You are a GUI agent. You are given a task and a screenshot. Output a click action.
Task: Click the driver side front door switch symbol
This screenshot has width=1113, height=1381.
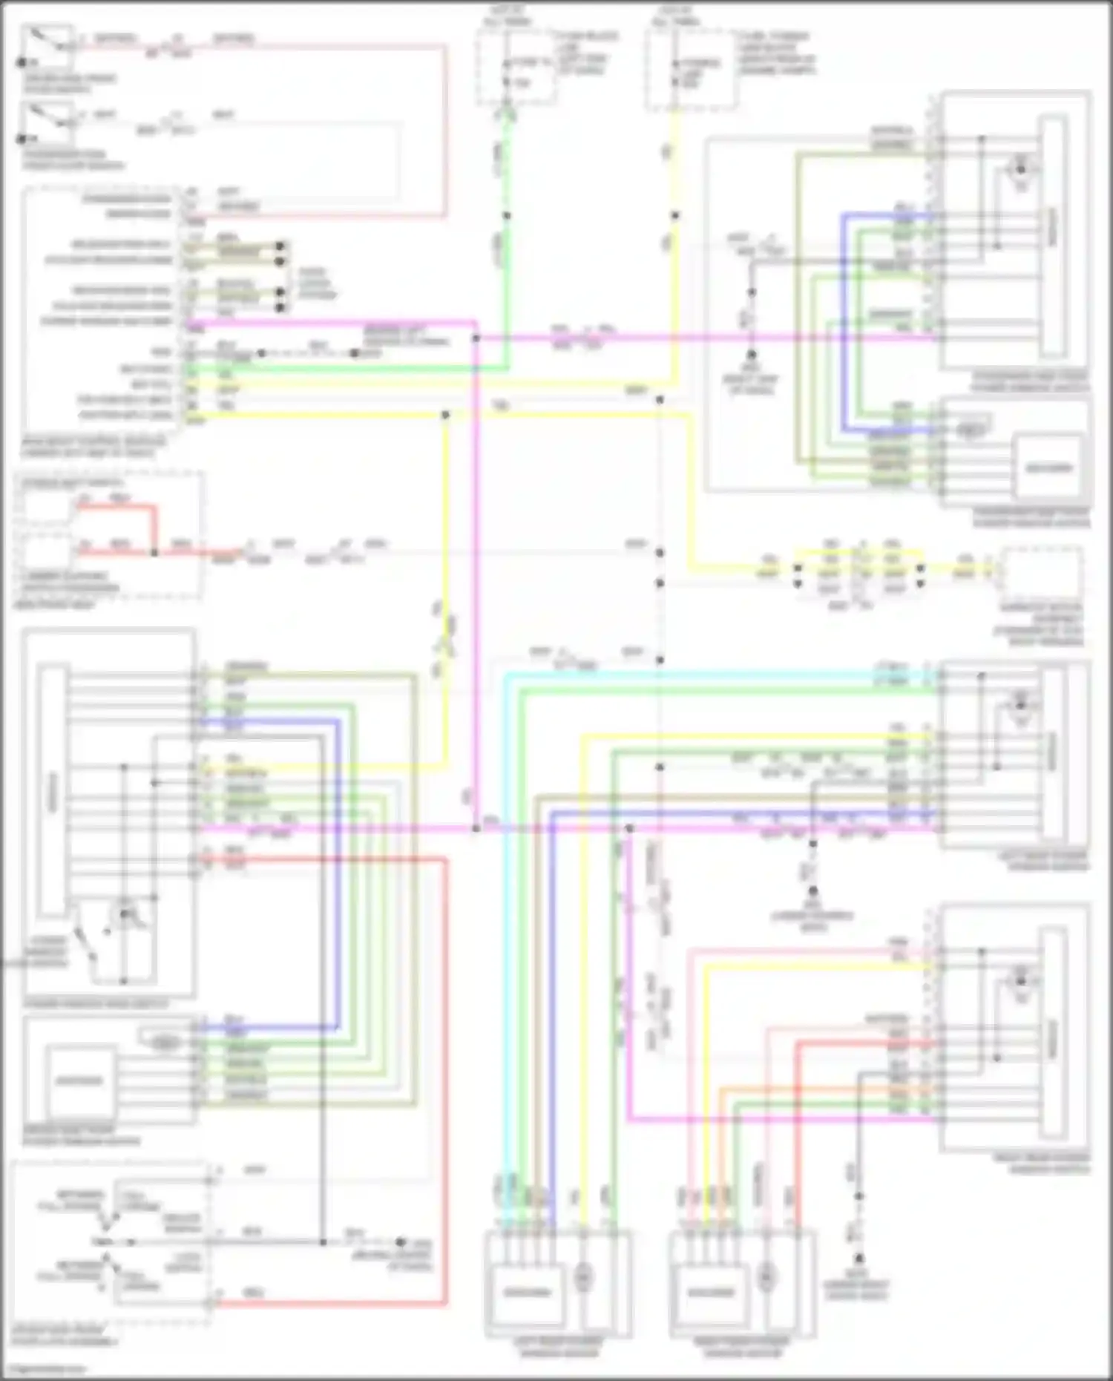point(46,46)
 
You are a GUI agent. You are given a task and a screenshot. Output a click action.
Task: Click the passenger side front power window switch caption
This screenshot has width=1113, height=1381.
point(1031,381)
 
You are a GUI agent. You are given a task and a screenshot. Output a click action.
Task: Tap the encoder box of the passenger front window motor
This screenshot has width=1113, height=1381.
point(1048,468)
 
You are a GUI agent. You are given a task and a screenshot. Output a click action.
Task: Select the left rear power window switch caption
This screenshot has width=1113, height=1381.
point(1043,861)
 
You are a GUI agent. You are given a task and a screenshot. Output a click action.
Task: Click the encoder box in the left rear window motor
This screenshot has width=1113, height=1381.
point(528,1292)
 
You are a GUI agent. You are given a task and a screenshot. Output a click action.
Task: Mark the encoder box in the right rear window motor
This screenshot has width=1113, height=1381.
point(712,1292)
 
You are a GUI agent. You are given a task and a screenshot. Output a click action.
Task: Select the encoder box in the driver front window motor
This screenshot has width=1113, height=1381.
point(79,1080)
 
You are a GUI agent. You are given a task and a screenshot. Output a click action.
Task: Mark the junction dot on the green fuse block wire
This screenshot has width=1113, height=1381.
point(507,216)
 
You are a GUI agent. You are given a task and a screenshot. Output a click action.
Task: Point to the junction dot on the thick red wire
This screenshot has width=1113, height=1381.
point(155,553)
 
